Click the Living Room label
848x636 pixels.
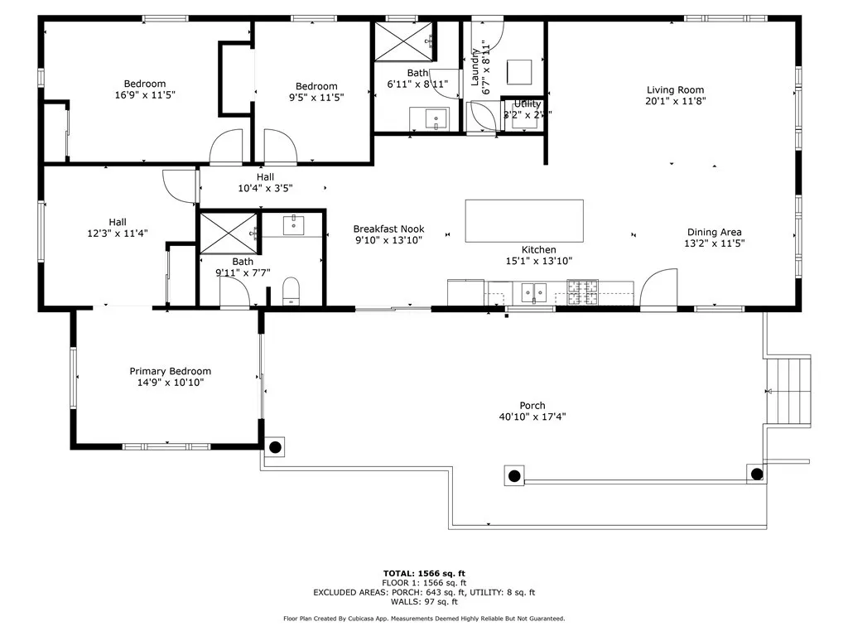pos(675,90)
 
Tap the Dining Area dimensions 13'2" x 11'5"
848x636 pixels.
pos(714,243)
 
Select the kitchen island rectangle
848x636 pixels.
pos(523,221)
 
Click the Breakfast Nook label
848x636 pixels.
pos(388,229)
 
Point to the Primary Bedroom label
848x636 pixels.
pos(170,371)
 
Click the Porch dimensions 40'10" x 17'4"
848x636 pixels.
pos(532,417)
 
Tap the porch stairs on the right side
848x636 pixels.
pos(787,391)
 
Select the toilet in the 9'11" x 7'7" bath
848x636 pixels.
pos(291,291)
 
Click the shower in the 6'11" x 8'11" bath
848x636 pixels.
pos(404,41)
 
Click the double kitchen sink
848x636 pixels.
pos(534,291)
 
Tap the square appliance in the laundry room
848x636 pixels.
pos(519,71)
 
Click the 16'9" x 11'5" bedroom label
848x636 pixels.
pos(145,84)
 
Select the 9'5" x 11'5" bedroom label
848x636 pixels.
pos(316,86)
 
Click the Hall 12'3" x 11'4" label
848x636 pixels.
pos(118,222)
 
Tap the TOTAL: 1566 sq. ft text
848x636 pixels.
pos(424,573)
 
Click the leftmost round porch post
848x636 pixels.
pos(275,446)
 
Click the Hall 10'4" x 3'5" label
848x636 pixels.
pos(265,177)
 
